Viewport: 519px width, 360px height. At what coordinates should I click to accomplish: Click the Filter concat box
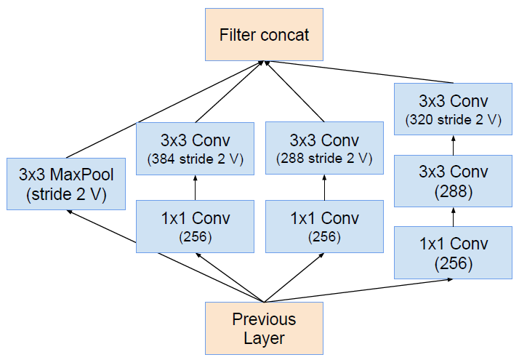(x=264, y=34)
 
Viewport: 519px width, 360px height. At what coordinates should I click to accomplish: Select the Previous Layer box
(x=264, y=329)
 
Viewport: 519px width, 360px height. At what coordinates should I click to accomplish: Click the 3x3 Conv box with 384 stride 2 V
(x=195, y=148)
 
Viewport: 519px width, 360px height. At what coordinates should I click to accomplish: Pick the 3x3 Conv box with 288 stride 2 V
(x=323, y=148)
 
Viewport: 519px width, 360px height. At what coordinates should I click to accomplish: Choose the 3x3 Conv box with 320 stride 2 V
(x=453, y=109)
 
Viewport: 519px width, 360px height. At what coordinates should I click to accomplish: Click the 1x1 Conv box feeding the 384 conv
(x=195, y=226)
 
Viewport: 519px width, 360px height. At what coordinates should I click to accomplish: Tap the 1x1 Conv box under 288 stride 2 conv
(x=323, y=226)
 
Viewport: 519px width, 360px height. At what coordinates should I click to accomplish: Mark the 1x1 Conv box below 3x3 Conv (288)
(x=453, y=252)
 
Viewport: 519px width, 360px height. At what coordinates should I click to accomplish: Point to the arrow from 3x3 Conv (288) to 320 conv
(x=453, y=145)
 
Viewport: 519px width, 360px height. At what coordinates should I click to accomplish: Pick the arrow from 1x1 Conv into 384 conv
(x=195, y=188)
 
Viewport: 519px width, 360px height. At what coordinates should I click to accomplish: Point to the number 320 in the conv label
(x=422, y=119)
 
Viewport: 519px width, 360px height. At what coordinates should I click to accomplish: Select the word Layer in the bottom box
(x=264, y=337)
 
